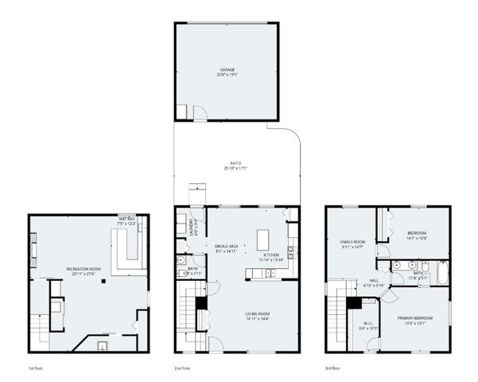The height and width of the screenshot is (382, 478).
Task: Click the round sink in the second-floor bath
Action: tap(182, 261)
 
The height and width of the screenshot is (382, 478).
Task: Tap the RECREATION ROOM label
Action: tap(84, 270)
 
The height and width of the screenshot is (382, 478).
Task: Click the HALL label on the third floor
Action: tap(374, 281)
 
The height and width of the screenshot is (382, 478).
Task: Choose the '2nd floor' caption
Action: tap(183, 368)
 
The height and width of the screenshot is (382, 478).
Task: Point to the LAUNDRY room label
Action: tap(192, 228)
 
